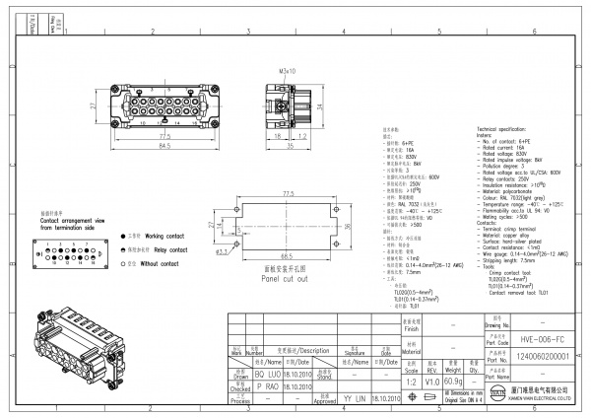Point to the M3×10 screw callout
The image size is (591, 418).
point(287,72)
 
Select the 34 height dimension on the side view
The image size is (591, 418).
point(321,103)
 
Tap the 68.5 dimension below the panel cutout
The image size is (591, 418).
point(290,256)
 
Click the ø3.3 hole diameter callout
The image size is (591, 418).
point(223,251)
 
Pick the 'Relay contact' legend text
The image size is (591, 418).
point(161,250)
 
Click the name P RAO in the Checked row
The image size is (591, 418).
point(268,386)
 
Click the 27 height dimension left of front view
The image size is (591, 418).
point(92,105)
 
